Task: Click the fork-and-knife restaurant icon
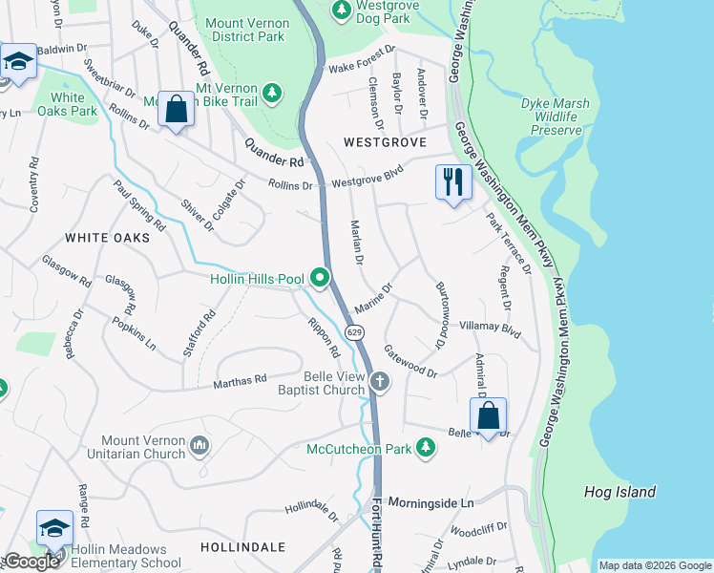(x=452, y=181)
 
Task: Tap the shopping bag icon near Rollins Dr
(x=177, y=109)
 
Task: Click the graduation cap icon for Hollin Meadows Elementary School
(x=54, y=529)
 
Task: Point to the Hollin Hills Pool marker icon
(x=319, y=279)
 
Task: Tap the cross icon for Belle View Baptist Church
(x=380, y=383)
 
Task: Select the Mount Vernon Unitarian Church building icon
(x=199, y=445)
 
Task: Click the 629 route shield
(x=354, y=332)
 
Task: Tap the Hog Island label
(x=619, y=492)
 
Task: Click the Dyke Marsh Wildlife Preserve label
(x=555, y=117)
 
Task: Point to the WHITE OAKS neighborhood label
(x=107, y=237)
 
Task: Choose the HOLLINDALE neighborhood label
(x=242, y=547)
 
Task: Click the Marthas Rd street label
(x=240, y=381)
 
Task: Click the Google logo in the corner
(x=31, y=562)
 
